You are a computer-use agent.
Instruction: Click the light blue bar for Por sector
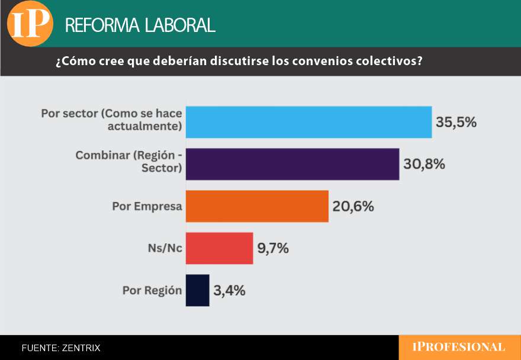(308, 122)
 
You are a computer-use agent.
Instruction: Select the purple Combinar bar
(292, 164)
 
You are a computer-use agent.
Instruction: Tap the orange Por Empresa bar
(257, 206)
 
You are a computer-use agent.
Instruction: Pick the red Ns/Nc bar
(219, 248)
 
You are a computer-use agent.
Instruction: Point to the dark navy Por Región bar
(198, 290)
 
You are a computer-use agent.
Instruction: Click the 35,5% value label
(456, 123)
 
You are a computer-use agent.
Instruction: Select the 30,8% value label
(424, 165)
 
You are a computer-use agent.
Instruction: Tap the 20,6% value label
(353, 207)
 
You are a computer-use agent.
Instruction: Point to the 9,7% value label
(273, 249)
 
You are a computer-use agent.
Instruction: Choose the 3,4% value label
(230, 291)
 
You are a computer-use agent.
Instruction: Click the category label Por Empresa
(147, 207)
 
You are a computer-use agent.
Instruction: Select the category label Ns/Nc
(165, 249)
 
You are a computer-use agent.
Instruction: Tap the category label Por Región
(152, 291)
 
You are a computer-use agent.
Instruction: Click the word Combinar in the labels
(102, 155)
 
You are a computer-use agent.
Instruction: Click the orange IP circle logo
(30, 24)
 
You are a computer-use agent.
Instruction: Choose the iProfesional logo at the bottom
(459, 348)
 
